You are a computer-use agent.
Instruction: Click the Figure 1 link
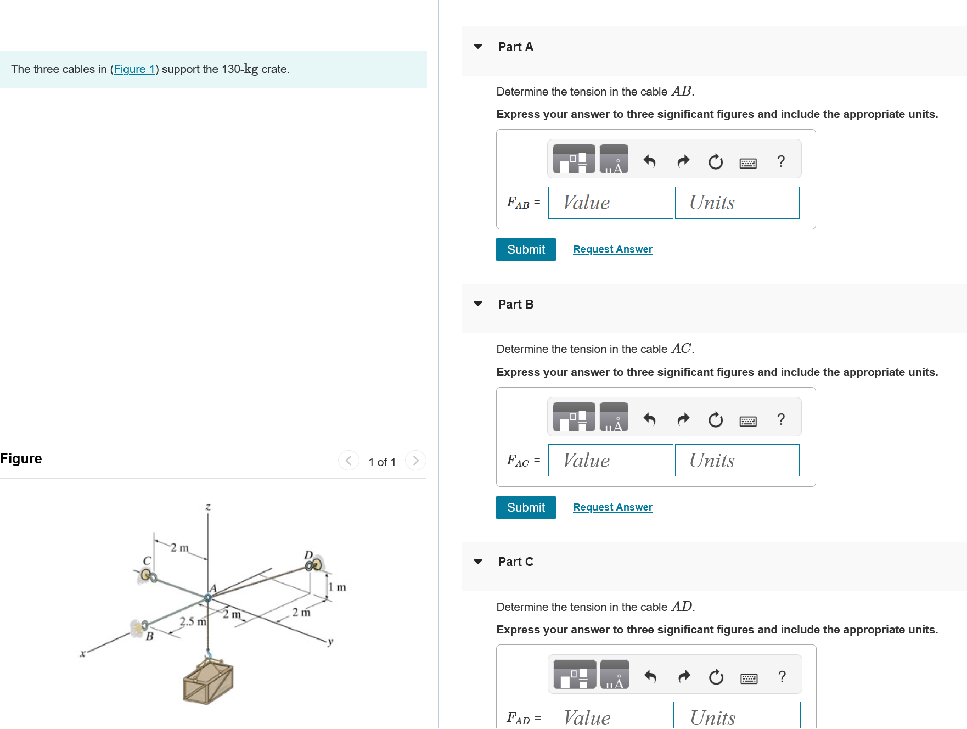[x=134, y=69]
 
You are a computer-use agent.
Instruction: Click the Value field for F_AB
[x=610, y=203]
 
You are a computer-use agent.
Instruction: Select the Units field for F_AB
[x=737, y=203]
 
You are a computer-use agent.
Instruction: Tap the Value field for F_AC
[x=610, y=461]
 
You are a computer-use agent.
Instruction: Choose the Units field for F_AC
[x=737, y=461]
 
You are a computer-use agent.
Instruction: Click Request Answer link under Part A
[x=612, y=249]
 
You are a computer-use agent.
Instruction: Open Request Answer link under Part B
[x=612, y=507]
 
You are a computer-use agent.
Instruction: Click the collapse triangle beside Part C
[x=478, y=562]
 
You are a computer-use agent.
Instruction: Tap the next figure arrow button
[x=415, y=461]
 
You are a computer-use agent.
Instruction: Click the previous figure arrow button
[x=348, y=461]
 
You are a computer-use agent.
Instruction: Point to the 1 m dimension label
[x=338, y=587]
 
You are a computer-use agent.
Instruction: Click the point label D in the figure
[x=308, y=554]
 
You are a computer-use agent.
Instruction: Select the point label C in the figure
[x=147, y=560]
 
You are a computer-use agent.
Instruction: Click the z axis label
[x=208, y=507]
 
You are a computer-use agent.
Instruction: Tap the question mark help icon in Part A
[x=781, y=161]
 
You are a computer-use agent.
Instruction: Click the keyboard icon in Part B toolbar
[x=748, y=421]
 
